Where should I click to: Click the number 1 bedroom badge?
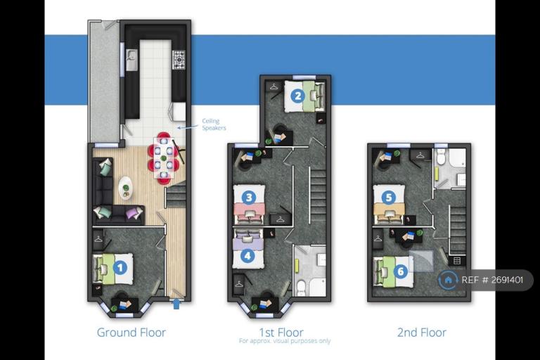[x=120, y=267]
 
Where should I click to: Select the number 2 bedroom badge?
[x=298, y=96]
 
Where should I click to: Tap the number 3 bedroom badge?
[x=249, y=198]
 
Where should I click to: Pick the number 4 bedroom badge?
[x=247, y=256]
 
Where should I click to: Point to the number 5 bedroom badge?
[x=389, y=198]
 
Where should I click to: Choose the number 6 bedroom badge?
[x=401, y=271]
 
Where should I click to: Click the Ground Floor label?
[x=131, y=333]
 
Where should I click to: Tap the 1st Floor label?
[x=281, y=332]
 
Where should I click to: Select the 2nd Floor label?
[x=422, y=333]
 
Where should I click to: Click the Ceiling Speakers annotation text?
[x=214, y=124]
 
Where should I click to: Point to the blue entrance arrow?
[x=176, y=304]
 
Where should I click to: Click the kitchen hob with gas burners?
[x=179, y=60]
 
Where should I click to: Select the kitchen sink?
[x=131, y=60]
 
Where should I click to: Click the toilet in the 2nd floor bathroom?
[x=440, y=157]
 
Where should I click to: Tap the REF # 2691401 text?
[x=492, y=280]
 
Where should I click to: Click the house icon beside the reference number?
[x=448, y=280]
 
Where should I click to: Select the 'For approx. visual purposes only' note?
[x=285, y=341]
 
